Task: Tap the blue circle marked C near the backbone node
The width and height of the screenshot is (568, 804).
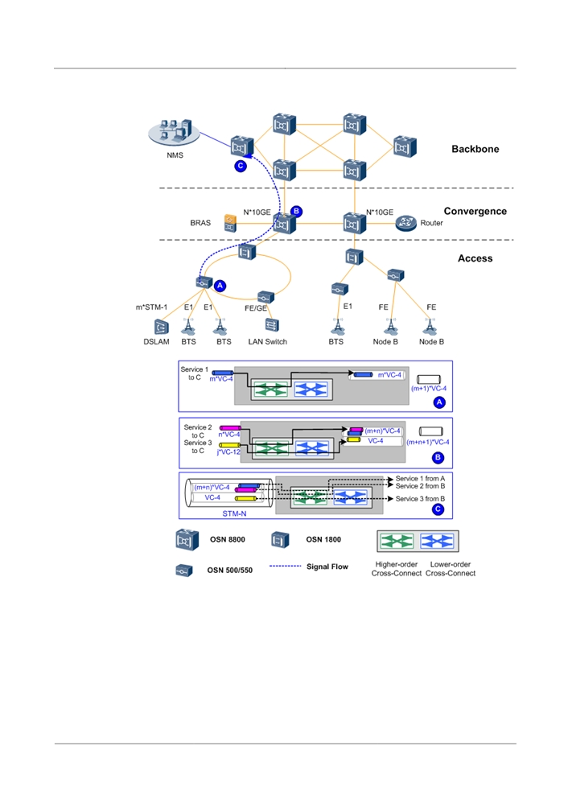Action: tap(241, 166)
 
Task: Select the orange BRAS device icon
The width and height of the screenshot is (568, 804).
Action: tap(230, 223)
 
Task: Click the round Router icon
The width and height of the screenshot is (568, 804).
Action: tap(406, 223)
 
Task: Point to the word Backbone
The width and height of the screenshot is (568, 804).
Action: tap(475, 149)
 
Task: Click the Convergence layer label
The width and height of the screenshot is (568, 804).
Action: tap(475, 211)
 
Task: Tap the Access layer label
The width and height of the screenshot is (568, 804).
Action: tap(475, 258)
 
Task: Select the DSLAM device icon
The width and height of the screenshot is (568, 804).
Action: tap(161, 327)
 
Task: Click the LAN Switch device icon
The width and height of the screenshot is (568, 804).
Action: tap(272, 325)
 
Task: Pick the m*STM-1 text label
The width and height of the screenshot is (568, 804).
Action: tap(151, 307)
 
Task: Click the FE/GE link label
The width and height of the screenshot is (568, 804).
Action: tap(256, 308)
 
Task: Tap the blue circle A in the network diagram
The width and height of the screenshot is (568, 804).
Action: tap(220, 286)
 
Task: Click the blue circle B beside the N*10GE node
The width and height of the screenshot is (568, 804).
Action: tap(296, 211)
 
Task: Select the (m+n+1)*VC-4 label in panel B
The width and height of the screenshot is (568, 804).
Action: tap(427, 442)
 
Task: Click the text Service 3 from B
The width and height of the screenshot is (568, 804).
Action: tap(420, 498)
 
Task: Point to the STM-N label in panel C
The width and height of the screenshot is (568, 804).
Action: tap(234, 513)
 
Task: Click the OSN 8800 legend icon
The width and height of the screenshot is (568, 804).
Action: tap(187, 540)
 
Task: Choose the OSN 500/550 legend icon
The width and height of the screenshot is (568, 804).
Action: tap(184, 570)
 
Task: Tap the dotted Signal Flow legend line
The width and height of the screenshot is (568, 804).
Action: tap(285, 566)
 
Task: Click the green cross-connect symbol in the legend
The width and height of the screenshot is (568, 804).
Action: tap(397, 542)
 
